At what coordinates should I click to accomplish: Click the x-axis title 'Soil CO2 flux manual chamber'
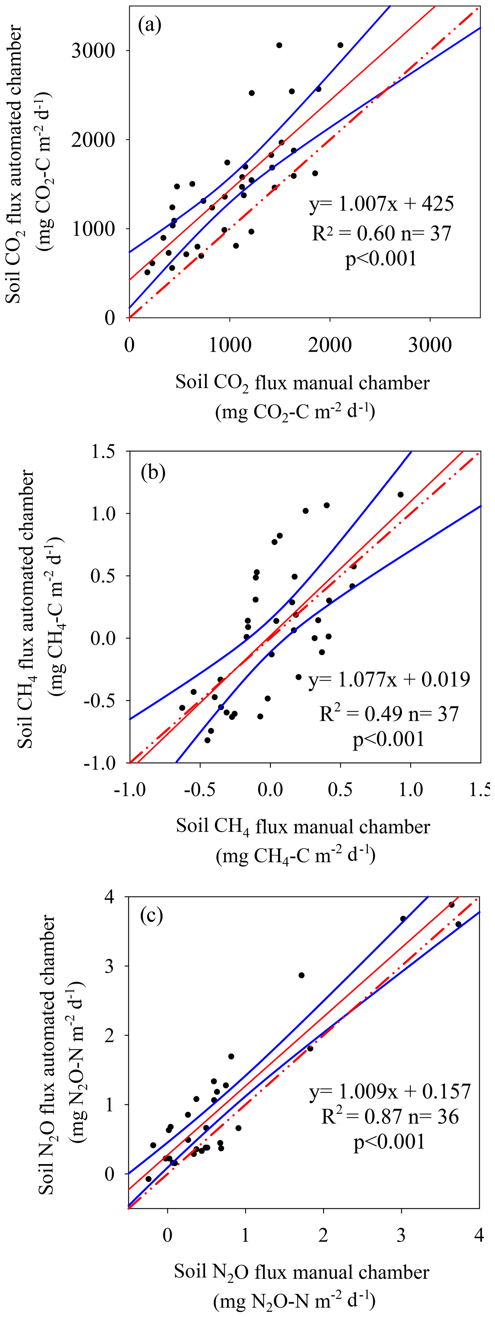pyautogui.click(x=302, y=383)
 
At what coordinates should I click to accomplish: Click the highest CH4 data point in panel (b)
pyautogui.click(x=401, y=494)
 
